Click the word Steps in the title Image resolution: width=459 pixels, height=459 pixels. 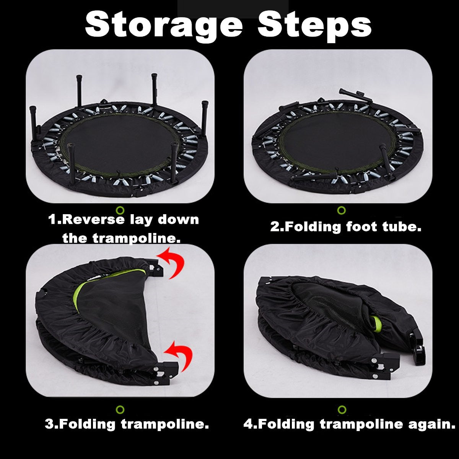(x=314, y=26)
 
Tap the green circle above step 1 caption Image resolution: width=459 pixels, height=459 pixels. (x=121, y=210)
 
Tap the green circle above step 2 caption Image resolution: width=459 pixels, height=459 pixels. (x=342, y=210)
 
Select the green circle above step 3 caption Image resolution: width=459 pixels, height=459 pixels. (x=120, y=409)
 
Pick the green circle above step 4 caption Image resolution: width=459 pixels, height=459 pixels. (x=342, y=409)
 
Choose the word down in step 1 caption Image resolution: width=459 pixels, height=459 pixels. (x=178, y=220)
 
